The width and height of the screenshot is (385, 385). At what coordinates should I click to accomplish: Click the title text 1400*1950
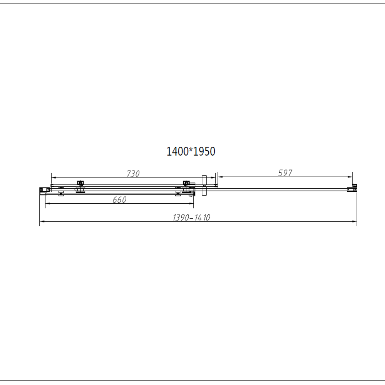click(191, 151)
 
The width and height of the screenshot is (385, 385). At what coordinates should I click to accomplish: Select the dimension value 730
click(133, 174)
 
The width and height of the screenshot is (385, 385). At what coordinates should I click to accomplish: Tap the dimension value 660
click(120, 199)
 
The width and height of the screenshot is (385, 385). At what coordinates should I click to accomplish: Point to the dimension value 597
click(285, 173)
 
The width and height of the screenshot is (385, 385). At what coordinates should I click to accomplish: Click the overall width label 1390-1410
click(191, 218)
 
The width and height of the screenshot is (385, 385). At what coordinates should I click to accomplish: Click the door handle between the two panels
click(204, 185)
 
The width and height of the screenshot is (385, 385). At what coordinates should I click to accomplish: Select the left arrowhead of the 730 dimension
click(54, 178)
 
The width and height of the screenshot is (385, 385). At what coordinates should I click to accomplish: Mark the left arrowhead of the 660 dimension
click(48, 204)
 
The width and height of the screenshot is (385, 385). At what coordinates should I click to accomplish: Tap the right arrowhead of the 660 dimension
click(191, 204)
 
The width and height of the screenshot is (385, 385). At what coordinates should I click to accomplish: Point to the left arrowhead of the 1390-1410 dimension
click(42, 222)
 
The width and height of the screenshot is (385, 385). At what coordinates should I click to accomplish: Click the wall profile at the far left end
click(44, 189)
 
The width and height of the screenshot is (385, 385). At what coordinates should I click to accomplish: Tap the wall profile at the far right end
click(352, 189)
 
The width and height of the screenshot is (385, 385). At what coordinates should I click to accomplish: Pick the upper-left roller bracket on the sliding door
click(80, 183)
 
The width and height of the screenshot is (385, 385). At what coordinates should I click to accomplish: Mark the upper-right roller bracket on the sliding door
click(187, 183)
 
